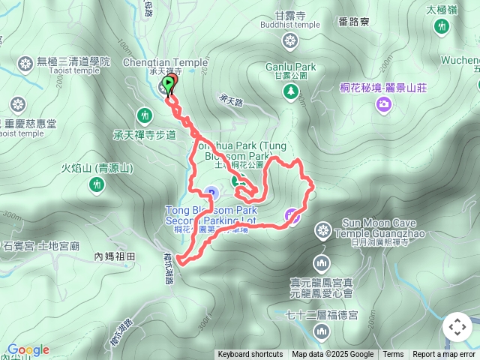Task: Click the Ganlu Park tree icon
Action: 289,91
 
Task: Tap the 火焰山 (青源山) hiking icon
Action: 97,184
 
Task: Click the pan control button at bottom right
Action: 457,327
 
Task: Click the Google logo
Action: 28,349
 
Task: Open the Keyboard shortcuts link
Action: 250,355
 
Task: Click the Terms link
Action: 393,355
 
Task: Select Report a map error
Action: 444,355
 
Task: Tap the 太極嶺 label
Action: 442,10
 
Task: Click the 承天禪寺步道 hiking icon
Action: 144,115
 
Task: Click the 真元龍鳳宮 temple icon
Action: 322,263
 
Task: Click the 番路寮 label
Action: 353,22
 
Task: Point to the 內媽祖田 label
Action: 114,256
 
